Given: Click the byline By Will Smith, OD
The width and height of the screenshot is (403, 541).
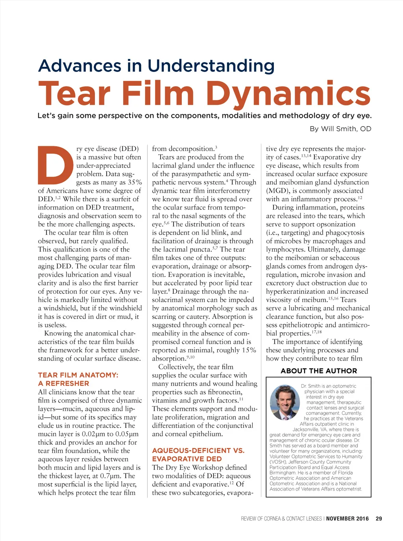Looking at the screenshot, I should [x=340, y=129].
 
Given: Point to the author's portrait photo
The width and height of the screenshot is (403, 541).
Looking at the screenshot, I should [x=285, y=401].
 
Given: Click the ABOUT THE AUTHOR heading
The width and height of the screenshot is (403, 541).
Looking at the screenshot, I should [x=319, y=371].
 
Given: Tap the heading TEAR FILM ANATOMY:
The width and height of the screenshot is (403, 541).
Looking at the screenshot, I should [x=78, y=375].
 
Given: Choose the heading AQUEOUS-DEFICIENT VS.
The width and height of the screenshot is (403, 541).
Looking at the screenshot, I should [x=198, y=451].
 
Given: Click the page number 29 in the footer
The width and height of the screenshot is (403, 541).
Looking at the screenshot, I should [x=379, y=519].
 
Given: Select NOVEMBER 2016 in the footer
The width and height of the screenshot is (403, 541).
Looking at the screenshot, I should [x=348, y=519].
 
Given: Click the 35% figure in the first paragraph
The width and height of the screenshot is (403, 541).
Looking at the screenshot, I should [x=135, y=182].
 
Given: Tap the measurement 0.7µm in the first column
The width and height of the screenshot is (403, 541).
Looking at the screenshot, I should [x=111, y=476].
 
